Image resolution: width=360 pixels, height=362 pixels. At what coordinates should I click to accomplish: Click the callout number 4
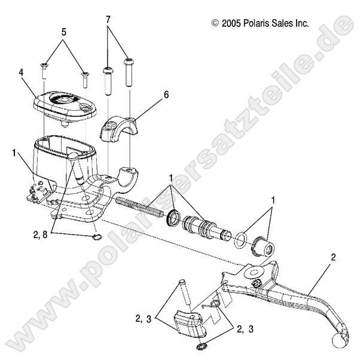point(21,72)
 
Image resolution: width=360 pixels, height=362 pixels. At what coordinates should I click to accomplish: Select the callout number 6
point(166,94)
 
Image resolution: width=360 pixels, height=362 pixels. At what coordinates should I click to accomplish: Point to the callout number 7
point(109,19)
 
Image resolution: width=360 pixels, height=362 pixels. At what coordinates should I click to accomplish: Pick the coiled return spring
point(141,206)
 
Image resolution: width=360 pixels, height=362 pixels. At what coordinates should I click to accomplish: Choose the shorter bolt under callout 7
point(108,78)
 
